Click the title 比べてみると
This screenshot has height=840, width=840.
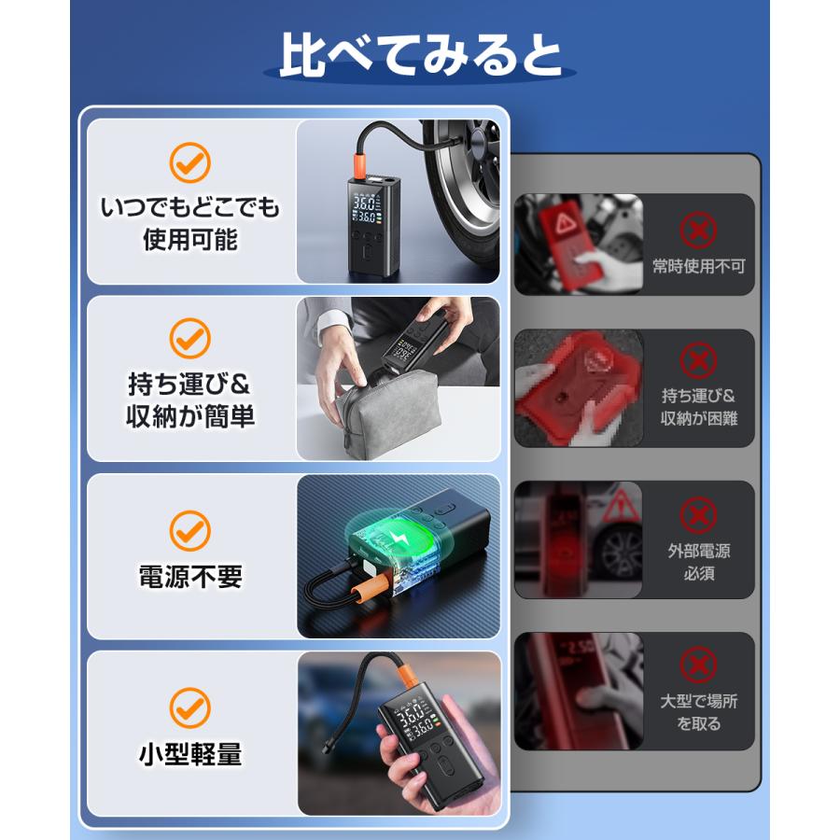tap(420, 53)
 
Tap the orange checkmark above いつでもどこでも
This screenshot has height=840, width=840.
tap(189, 163)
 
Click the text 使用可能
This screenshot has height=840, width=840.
tap(189, 240)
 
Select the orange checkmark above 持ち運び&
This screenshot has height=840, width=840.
tap(189, 337)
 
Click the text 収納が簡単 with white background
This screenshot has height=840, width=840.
tap(189, 416)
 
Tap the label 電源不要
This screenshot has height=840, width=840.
tap(189, 578)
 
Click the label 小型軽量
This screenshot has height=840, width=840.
tap(189, 753)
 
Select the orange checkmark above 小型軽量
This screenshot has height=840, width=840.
tap(189, 707)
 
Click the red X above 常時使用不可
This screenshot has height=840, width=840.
tap(698, 228)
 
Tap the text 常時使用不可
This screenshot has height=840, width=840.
tap(698, 267)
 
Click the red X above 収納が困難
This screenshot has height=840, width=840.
tap(698, 359)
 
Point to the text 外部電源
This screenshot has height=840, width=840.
tap(698, 551)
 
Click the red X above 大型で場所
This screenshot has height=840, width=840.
tap(698, 665)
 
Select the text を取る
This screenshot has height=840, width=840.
tap(698, 723)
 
